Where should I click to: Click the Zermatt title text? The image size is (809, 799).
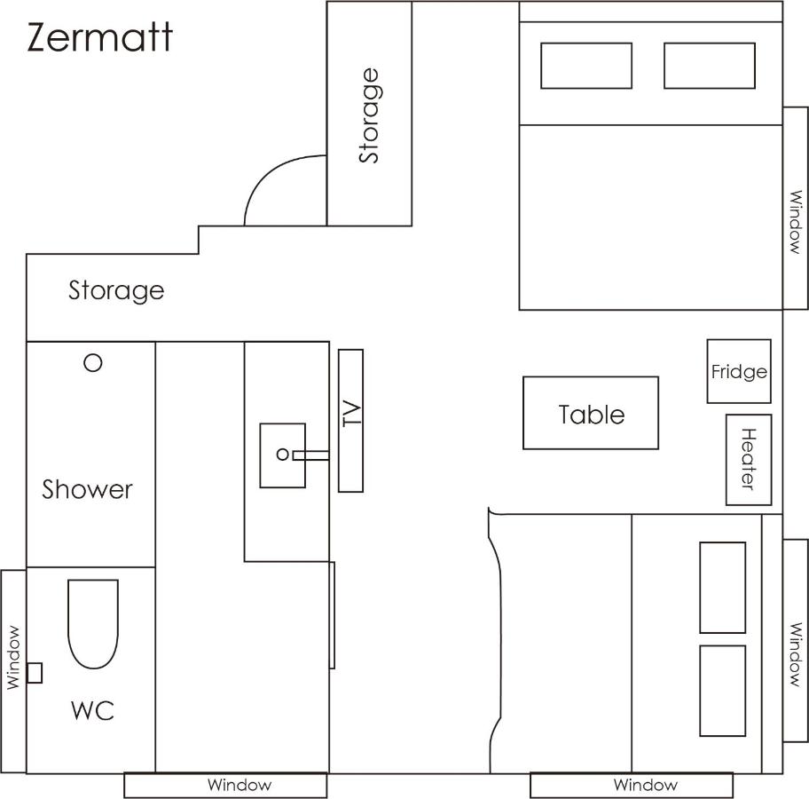99,37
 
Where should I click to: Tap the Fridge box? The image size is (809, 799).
739,371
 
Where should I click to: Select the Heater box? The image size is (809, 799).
749,460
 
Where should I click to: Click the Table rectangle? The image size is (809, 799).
591,413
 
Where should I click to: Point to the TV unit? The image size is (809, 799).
351,421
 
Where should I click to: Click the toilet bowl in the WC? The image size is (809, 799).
93,624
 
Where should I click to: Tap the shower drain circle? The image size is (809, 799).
93,362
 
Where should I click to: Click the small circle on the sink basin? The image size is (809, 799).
283,455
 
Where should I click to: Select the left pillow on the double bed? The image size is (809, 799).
586,66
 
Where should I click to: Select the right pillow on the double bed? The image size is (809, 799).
710,66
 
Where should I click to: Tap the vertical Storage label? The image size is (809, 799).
369,115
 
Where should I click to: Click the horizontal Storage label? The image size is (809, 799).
116,291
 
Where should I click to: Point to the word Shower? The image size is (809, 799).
87,489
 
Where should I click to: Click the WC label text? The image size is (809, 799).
92,710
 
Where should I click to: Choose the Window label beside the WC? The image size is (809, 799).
13,658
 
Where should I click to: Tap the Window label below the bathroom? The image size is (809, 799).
240,785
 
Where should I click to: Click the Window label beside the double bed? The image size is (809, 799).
796,222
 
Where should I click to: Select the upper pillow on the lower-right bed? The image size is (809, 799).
722,587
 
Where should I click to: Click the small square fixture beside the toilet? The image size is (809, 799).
34,673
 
